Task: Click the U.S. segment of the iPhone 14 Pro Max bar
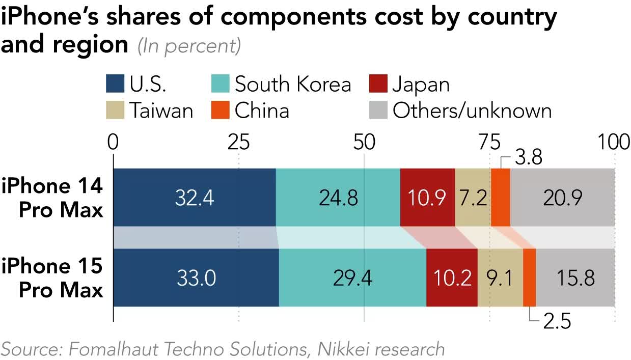coord(194,197)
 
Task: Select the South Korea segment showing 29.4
coord(352,278)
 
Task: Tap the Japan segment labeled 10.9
coord(427,197)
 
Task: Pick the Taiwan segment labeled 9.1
coord(500,278)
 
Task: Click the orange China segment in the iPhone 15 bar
coord(529,278)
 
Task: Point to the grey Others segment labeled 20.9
coord(562,197)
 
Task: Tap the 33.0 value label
coord(197,278)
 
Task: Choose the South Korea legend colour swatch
coord(220,84)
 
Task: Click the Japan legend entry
coord(420,84)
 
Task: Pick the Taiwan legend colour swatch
coord(115,110)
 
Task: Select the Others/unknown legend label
coord(472,110)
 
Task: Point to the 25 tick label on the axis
coord(238,143)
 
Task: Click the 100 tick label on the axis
coord(614,143)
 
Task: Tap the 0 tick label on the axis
coord(113,143)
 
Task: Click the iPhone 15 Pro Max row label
coord(52,278)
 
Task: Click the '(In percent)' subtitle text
coord(188,46)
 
